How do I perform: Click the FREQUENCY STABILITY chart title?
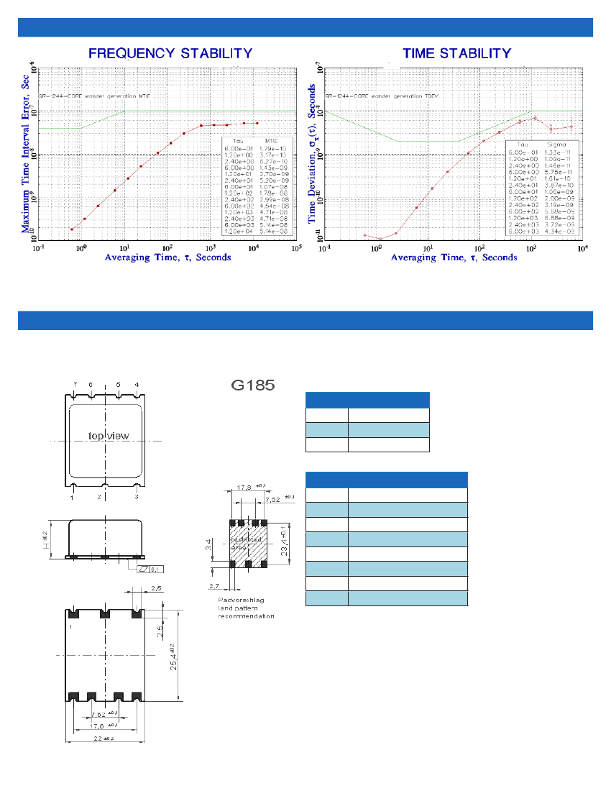point(170,53)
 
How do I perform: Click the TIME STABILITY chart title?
point(456,53)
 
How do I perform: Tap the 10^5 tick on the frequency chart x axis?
point(295,247)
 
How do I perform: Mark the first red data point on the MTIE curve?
point(72,229)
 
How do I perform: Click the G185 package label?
point(252,385)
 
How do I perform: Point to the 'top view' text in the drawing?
point(108,436)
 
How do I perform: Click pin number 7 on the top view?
point(75,385)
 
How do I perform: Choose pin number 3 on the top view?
point(137,497)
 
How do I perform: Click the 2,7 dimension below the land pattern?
point(216,587)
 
